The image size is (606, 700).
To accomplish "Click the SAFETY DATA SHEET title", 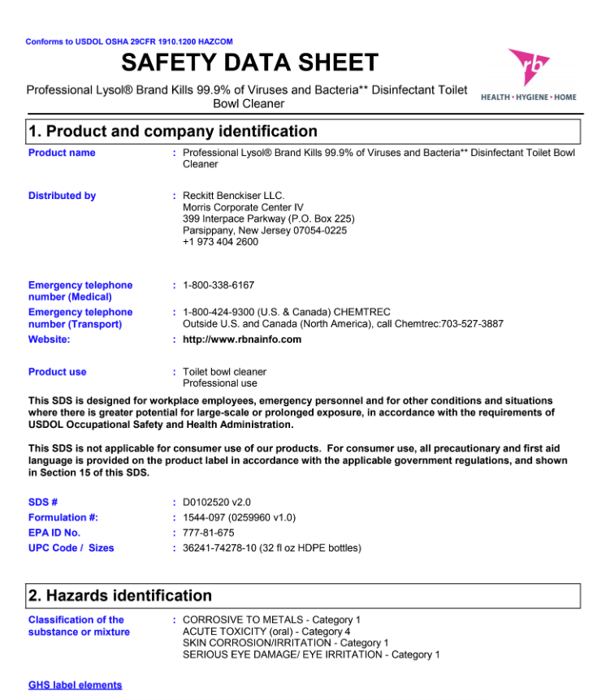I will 249,63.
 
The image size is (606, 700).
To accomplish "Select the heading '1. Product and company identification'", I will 173,132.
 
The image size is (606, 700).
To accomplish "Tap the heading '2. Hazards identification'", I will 120,595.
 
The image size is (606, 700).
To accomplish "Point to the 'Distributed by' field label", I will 62,196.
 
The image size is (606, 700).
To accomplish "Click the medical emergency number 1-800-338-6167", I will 219,285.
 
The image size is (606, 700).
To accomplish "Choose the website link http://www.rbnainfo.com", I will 242,339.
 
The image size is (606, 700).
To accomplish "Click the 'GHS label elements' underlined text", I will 75,685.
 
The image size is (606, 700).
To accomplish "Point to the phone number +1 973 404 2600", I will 220,242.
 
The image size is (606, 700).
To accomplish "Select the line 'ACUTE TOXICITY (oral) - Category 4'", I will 266,631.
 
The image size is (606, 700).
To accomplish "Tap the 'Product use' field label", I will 57,372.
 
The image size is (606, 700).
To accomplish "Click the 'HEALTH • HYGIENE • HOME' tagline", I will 529,97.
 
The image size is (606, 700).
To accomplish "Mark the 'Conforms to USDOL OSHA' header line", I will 129,41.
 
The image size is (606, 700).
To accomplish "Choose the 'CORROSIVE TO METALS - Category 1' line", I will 271,620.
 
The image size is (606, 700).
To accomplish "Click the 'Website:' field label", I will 49,339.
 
